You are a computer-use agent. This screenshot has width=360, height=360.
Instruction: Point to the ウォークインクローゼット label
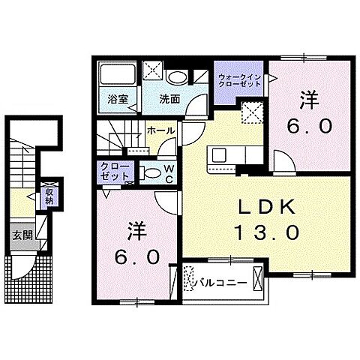pos(239,81)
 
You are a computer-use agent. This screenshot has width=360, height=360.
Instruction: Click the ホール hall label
pos(161,130)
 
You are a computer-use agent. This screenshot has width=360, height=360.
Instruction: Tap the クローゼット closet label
pos(112,171)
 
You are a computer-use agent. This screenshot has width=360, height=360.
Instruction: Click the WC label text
pos(170,173)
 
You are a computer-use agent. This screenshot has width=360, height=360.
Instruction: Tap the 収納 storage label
pos(49,196)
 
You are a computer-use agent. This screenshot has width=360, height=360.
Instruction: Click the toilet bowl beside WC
pos(151,172)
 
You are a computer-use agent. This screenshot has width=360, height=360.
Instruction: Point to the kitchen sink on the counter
pos(220,154)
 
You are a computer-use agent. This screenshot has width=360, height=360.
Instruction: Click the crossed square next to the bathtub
pos(153,72)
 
